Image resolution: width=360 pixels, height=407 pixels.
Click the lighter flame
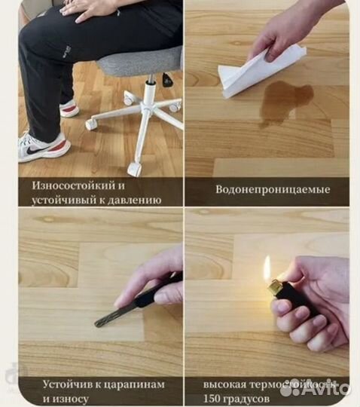coord(267,269)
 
